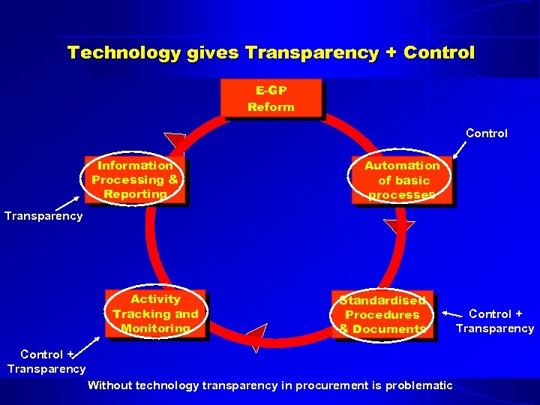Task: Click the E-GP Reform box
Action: (271, 98)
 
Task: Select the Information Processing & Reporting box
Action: (135, 180)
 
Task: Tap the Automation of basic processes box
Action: (403, 180)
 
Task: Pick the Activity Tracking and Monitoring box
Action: (155, 313)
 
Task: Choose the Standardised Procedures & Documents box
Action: (382, 314)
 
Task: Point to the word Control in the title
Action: (439, 52)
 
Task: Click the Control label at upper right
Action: (486, 133)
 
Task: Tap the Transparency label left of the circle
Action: (43, 216)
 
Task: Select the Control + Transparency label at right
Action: (496, 321)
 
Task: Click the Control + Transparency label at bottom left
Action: (46, 361)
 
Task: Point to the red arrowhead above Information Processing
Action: (175, 140)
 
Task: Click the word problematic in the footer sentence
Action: (420, 385)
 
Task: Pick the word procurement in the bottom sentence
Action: (328, 385)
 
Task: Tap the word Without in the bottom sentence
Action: (109, 385)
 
